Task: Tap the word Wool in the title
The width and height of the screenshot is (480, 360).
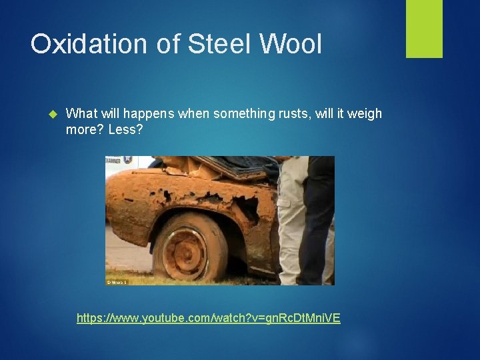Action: [x=291, y=44]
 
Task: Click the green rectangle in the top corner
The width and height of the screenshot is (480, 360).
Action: [x=424, y=29]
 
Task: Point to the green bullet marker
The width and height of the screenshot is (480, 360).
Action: [x=55, y=114]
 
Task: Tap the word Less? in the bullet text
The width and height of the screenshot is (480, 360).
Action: [x=125, y=129]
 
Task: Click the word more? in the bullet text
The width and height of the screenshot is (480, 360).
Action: [x=85, y=129]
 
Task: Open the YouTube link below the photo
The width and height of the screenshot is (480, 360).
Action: [x=208, y=318]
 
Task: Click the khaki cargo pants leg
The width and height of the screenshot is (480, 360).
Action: [x=293, y=220]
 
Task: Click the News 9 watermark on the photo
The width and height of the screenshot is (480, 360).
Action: [x=116, y=282]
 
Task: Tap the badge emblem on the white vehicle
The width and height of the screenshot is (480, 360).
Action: [x=127, y=160]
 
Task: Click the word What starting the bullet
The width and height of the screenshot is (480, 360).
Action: [x=81, y=113]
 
